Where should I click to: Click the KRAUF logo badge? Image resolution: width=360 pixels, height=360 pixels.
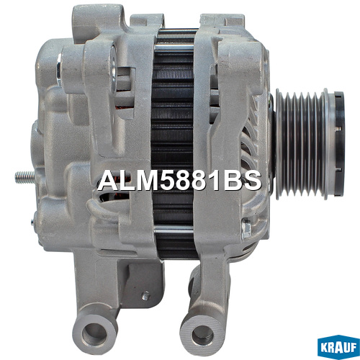pos(338,347)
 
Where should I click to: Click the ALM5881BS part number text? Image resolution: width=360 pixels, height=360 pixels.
pos(179,181)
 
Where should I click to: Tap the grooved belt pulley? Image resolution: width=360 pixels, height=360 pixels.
pos(303,144)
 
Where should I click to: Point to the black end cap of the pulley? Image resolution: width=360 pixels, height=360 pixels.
pos(339,143)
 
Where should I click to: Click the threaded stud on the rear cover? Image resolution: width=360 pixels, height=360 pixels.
pos(24,177)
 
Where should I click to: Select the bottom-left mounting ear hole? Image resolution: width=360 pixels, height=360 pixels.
pos(94,334)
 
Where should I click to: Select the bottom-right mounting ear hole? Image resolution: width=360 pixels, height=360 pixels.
pos(203,336)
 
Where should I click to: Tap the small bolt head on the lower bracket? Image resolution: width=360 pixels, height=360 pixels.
pos(145,296)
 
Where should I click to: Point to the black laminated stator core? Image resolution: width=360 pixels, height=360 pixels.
pos(174,144)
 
